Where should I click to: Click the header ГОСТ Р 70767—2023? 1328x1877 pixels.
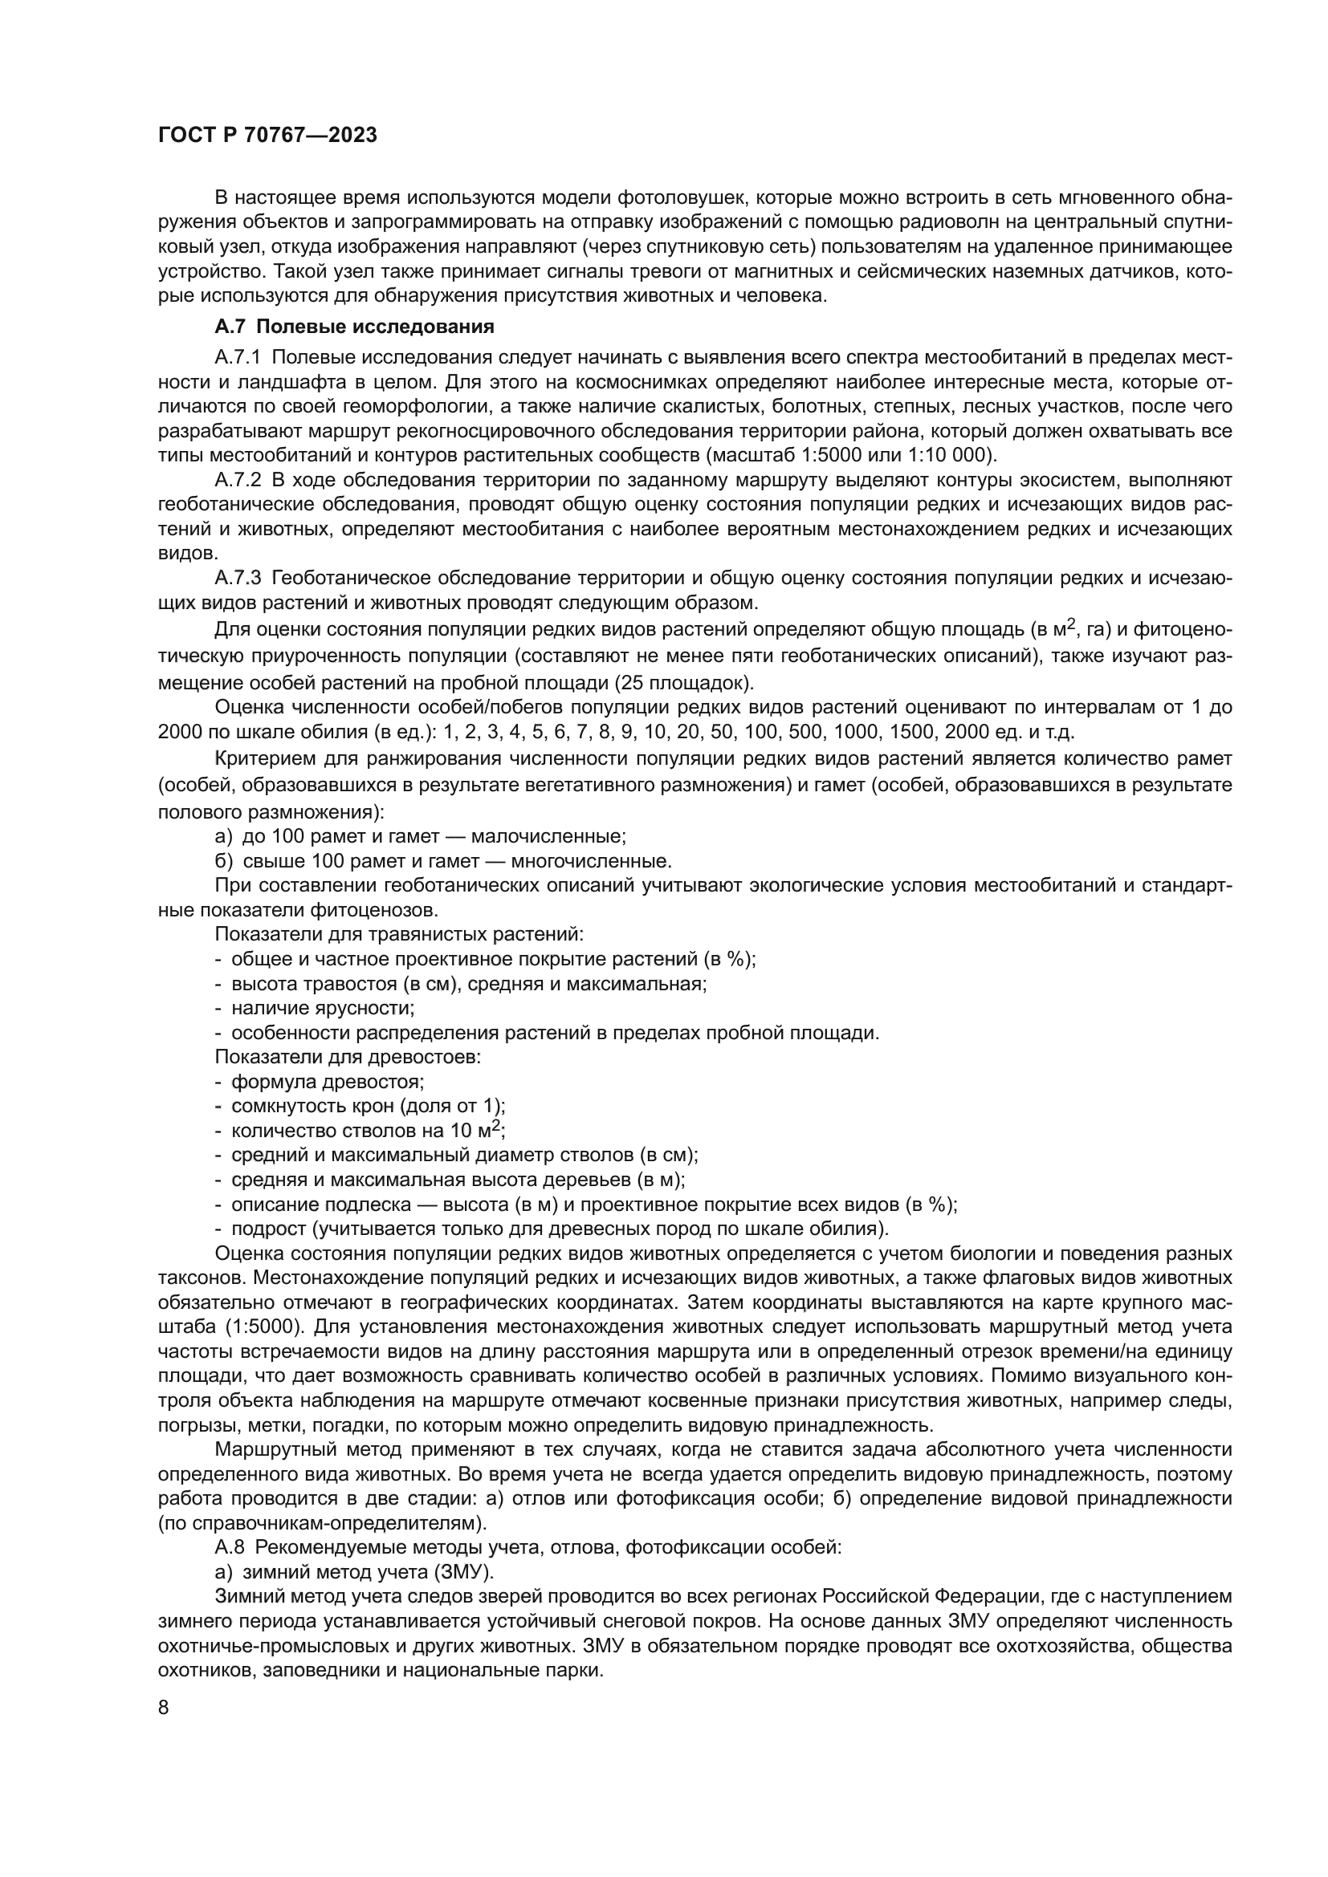(x=267, y=136)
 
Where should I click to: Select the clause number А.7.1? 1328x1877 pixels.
(x=237, y=357)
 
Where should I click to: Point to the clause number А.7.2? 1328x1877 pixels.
(x=237, y=480)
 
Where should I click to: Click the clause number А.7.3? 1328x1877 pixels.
(x=237, y=579)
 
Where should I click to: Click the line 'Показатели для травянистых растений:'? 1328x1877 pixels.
(x=399, y=933)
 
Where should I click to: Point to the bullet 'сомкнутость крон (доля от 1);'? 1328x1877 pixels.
(x=368, y=1106)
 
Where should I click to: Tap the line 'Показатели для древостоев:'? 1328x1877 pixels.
(x=348, y=1057)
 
